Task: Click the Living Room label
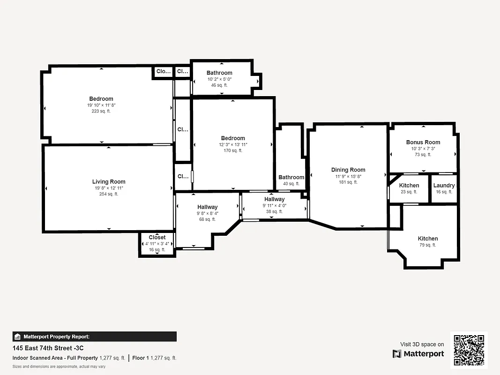click(x=109, y=181)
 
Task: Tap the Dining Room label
click(x=348, y=170)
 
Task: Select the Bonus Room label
click(x=423, y=142)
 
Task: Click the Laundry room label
click(x=444, y=185)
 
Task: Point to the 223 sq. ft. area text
click(x=101, y=111)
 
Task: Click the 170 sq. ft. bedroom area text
click(x=233, y=150)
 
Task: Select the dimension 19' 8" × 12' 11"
click(x=109, y=188)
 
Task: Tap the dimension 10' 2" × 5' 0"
click(x=219, y=79)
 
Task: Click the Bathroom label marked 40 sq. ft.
click(x=291, y=177)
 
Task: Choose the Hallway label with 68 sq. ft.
click(x=207, y=207)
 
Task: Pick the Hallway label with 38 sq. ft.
click(x=274, y=199)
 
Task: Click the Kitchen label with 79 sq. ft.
click(x=428, y=239)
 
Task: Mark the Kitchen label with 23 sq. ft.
click(x=409, y=185)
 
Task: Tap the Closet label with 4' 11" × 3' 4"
click(x=157, y=238)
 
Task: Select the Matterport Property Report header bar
click(x=95, y=337)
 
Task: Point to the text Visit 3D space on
click(x=422, y=344)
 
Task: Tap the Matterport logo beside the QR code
click(x=418, y=354)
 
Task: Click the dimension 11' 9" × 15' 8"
click(x=348, y=176)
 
